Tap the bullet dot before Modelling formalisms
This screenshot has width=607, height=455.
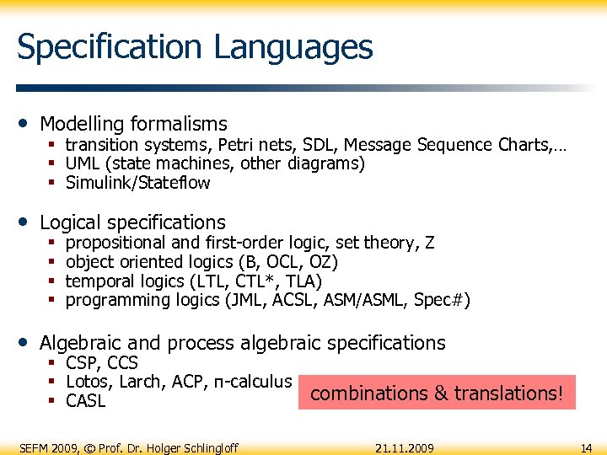(x=24, y=124)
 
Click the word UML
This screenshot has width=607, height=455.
(x=83, y=163)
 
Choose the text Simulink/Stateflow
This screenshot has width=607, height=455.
(x=137, y=183)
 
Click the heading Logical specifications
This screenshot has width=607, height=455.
(x=132, y=222)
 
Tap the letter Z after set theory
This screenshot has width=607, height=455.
(x=430, y=244)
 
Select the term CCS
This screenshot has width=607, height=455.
(x=124, y=364)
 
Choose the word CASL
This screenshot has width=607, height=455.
(x=85, y=401)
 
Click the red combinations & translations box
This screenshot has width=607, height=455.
(x=437, y=393)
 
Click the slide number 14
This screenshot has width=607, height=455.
(x=586, y=447)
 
